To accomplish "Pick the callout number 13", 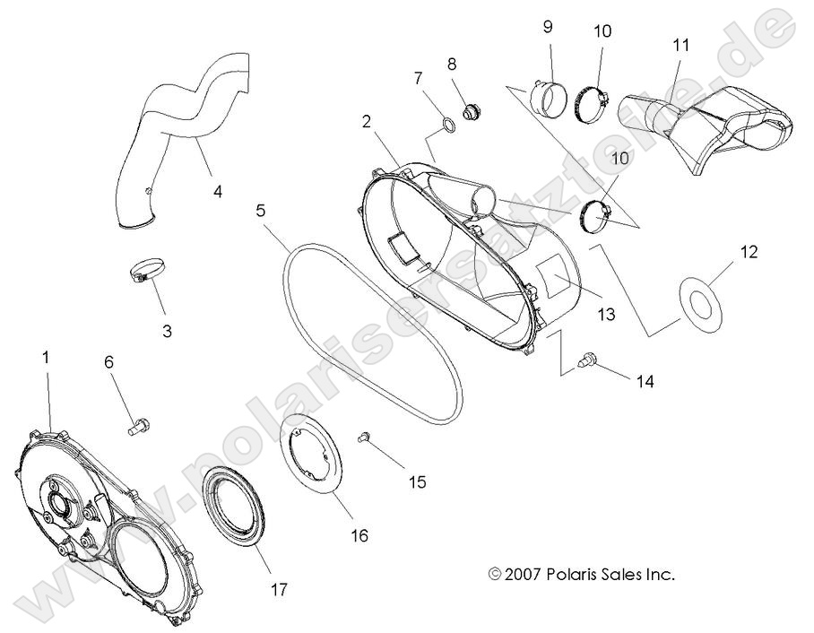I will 607,315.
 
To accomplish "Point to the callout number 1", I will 48,357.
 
